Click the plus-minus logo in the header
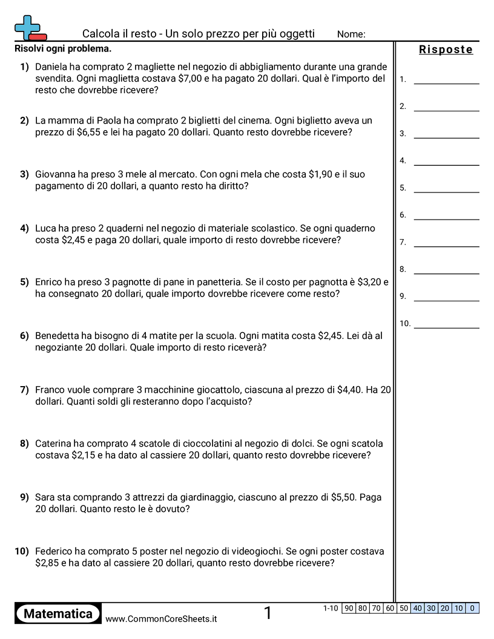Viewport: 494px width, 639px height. click(30, 28)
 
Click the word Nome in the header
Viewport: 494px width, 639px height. click(351, 34)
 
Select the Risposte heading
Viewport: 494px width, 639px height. click(446, 50)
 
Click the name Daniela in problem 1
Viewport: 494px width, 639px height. click(53, 67)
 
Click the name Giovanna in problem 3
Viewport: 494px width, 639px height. click(57, 174)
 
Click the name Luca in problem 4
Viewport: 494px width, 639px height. click(46, 228)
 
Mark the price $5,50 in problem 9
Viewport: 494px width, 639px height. click(344, 497)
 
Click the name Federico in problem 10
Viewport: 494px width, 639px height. click(54, 551)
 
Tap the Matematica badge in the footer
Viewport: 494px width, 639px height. click(58, 614)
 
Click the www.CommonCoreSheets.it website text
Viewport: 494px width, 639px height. click(161, 618)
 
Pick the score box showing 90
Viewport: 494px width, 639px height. click(348, 608)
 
